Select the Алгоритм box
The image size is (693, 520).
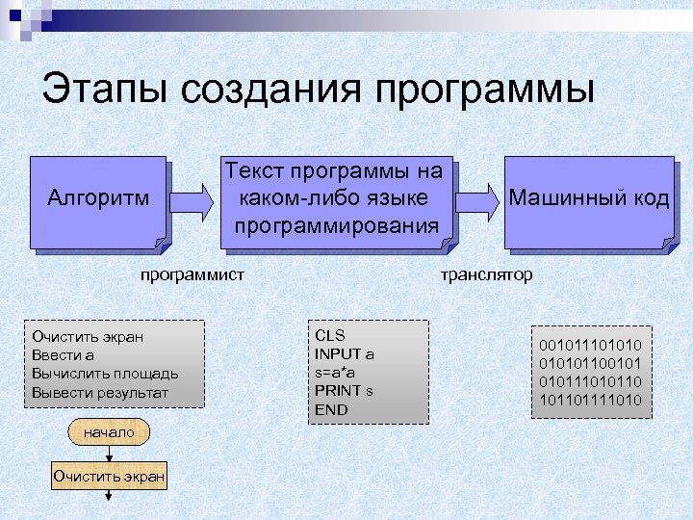98,200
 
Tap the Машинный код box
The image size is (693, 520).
588,200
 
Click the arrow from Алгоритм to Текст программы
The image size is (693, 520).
192,200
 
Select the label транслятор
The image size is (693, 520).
486,274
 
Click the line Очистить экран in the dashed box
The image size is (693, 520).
88,336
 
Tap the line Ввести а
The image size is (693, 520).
63,354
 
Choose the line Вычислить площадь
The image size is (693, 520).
105,373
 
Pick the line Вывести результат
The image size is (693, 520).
100,392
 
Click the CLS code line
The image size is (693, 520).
329,335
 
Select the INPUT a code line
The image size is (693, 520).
345,353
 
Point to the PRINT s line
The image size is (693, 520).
344,390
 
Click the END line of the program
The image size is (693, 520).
331,409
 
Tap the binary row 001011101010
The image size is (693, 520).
590,344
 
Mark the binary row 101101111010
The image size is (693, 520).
590,399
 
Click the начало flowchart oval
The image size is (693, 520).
110,433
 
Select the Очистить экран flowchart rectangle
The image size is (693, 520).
110,476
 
